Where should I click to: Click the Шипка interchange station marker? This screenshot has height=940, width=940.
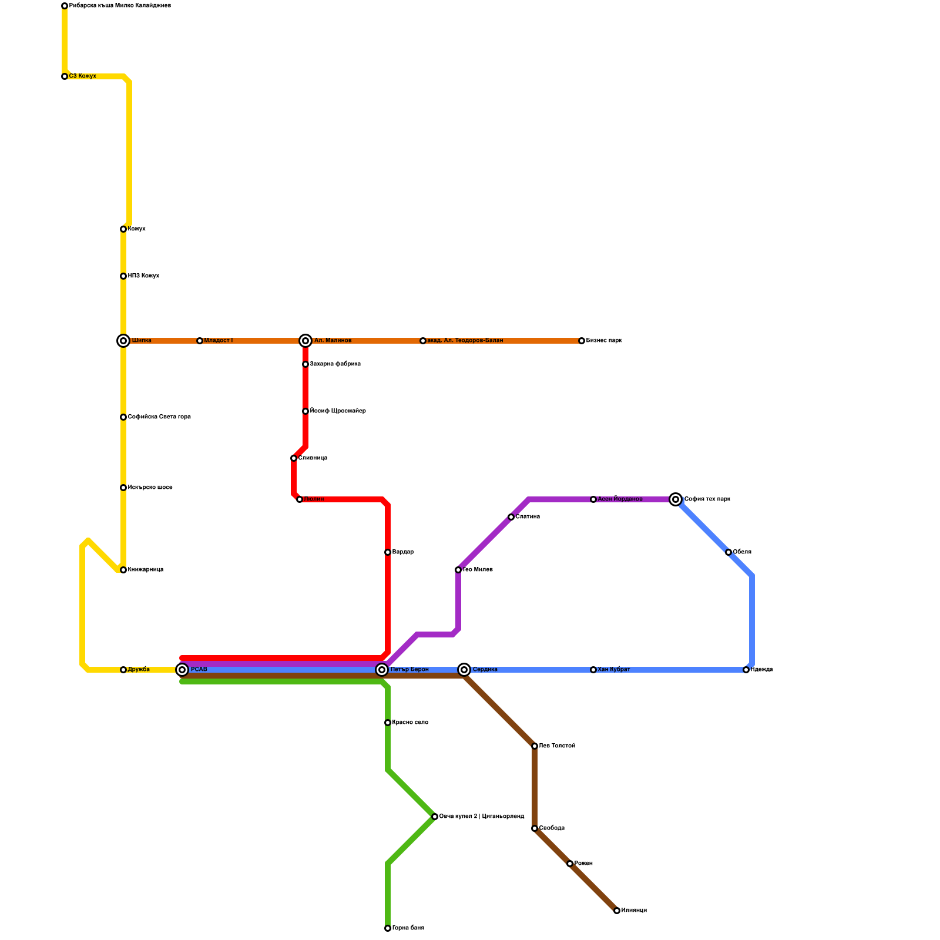[x=123, y=341]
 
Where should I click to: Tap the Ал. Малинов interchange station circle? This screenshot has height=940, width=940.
[x=305, y=341]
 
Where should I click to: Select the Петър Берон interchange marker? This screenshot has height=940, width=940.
[x=382, y=670]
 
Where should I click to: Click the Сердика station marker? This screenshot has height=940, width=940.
[x=464, y=670]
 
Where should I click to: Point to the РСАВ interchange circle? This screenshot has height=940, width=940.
[x=182, y=670]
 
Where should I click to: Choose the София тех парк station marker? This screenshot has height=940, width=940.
[x=676, y=499]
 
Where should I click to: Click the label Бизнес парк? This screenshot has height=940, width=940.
[x=603, y=341]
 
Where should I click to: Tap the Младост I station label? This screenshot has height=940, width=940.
[x=218, y=341]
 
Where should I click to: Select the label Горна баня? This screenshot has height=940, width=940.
[x=408, y=928]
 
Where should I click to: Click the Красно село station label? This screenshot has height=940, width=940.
[x=410, y=723]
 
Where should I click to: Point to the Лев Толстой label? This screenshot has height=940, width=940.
[x=557, y=746]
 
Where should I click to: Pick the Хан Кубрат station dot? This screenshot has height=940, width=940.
[x=593, y=670]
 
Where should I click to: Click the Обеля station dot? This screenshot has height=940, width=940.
[x=728, y=552]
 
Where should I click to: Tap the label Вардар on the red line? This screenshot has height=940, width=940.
[x=402, y=552]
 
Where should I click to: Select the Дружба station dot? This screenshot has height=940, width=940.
[x=123, y=670]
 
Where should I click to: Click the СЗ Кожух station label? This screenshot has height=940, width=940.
[x=82, y=76]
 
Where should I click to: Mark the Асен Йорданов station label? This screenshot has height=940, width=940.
[x=620, y=499]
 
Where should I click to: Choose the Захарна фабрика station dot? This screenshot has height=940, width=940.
[x=305, y=364]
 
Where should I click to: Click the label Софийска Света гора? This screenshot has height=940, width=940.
[x=159, y=417]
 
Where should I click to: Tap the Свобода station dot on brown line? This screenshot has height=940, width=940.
[x=535, y=828]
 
